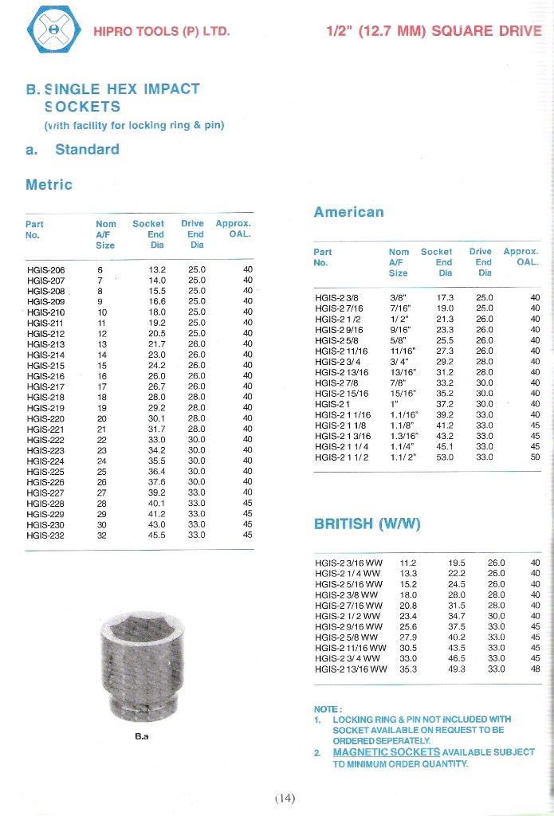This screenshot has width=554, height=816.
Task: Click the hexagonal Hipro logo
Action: [53, 29]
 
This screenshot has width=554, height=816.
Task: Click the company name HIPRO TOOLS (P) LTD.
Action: [162, 32]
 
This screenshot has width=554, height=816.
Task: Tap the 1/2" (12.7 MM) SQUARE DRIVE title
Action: [434, 32]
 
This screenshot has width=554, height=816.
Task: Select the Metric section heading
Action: [49, 185]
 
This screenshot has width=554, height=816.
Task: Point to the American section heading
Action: [348, 212]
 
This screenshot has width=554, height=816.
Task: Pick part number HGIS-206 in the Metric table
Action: [45, 269]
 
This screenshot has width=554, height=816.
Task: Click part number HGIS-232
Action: [45, 535]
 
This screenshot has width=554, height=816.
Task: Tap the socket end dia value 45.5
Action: [156, 535]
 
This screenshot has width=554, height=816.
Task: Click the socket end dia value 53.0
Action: [445, 457]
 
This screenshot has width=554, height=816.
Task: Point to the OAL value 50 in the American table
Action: [535, 457]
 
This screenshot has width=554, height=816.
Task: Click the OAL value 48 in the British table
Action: [535, 669]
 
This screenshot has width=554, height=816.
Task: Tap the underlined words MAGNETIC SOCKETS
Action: [386, 751]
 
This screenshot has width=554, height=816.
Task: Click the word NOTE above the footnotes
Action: [328, 708]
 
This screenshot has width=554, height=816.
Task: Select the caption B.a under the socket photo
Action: [142, 736]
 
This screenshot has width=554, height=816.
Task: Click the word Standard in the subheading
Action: [87, 149]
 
